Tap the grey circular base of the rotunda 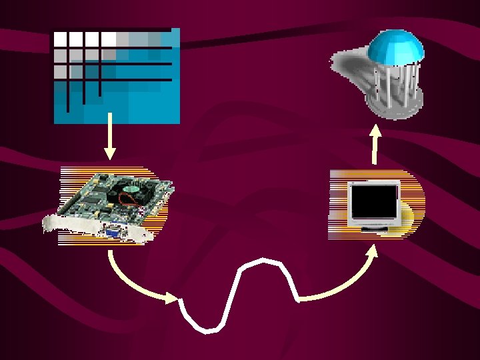point(395,107)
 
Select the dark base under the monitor point(377,229)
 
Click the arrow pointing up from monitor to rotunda point(375,143)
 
